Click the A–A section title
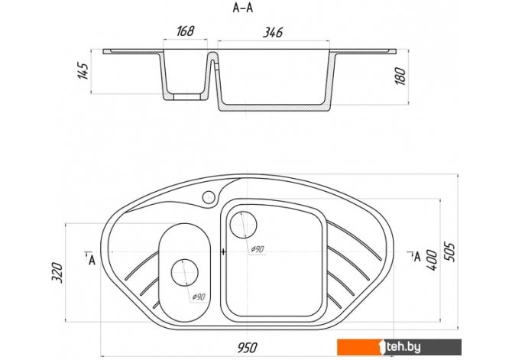point(242,8)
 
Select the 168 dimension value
point(186,31)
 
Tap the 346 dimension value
point(273,32)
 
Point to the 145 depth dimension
point(83,70)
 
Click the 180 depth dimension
point(400,76)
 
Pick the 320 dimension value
point(57,272)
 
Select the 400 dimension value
point(432,260)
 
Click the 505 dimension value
point(449,252)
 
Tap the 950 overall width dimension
point(247,348)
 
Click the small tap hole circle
point(209,197)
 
